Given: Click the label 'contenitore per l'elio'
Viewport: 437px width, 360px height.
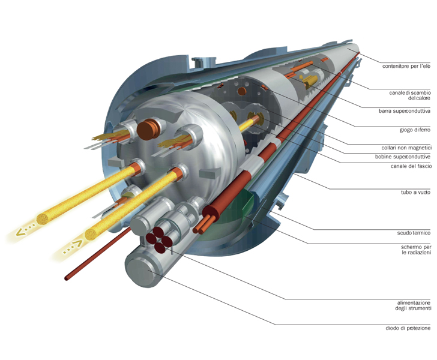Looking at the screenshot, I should [x=406, y=67].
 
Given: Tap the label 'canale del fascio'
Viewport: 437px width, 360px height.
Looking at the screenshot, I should [x=410, y=166].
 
